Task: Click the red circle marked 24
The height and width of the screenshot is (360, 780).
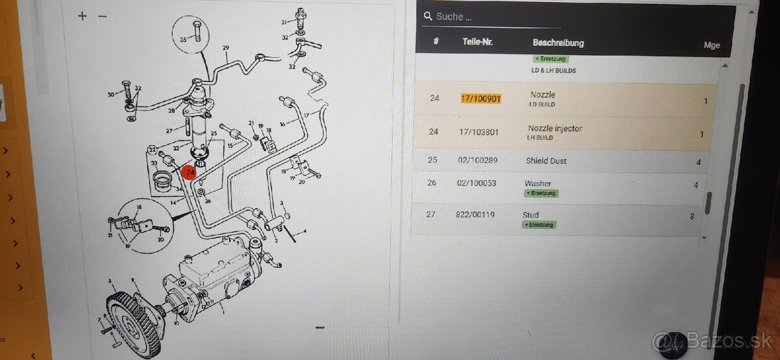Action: point(189,173)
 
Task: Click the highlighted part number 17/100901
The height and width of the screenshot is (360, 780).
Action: point(481,98)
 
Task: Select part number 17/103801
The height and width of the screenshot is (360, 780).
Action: point(479,132)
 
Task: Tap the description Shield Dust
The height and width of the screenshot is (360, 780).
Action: point(546,161)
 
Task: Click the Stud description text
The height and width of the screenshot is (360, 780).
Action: point(530,214)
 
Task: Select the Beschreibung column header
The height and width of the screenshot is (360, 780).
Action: point(558,43)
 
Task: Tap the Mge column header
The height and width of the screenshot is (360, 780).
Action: point(712,45)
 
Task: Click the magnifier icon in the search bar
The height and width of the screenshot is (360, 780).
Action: point(428,16)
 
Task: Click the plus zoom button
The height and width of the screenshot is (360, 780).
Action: point(82,16)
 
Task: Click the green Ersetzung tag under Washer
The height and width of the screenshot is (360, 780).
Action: point(541,193)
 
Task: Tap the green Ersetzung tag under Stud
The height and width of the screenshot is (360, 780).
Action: point(539,225)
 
